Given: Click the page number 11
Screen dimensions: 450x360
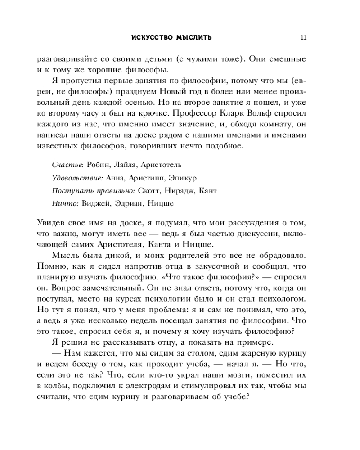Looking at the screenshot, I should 303,38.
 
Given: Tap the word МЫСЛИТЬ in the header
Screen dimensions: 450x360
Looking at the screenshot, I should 195,38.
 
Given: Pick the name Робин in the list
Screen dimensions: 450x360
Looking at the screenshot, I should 98,165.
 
